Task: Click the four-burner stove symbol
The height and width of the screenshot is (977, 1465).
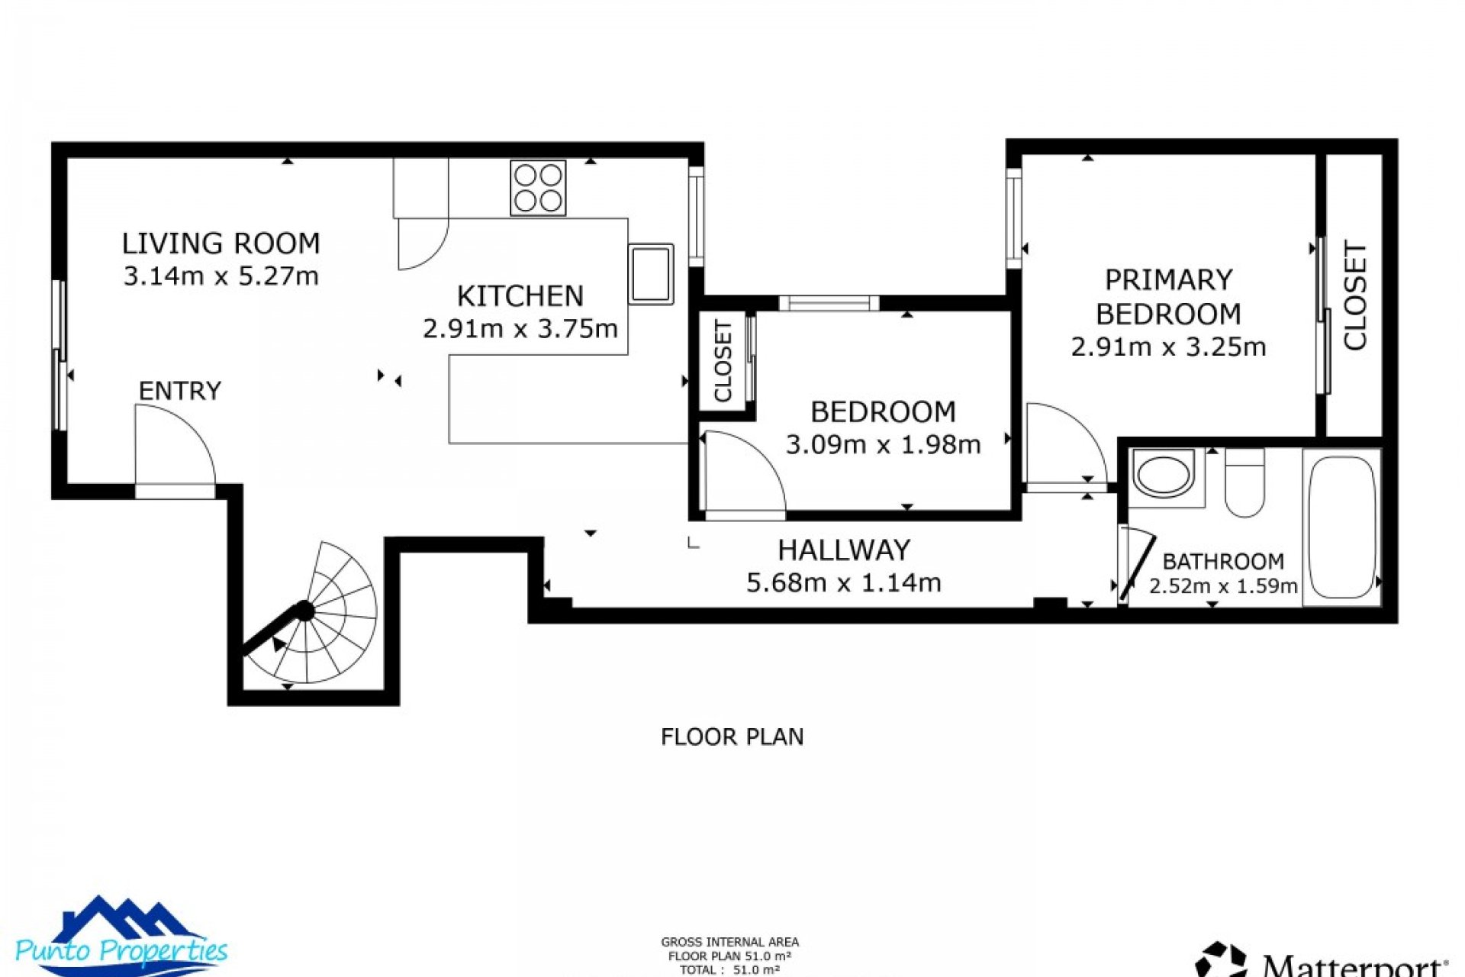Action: (538, 188)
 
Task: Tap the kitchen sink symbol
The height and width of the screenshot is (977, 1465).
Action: (651, 274)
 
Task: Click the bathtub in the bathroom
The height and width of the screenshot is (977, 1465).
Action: (1341, 527)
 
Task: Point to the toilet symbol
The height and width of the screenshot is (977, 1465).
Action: (1244, 484)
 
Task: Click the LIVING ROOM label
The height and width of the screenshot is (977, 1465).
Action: (221, 243)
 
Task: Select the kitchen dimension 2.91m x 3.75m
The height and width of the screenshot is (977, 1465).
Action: (520, 329)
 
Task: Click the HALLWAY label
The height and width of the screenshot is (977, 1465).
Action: (844, 550)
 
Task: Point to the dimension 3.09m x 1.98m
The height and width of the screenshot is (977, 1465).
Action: (883, 444)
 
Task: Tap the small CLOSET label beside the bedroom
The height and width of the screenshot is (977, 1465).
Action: (723, 360)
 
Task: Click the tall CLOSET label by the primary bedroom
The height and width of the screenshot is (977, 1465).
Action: (1354, 296)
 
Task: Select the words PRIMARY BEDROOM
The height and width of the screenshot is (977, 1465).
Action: (1168, 297)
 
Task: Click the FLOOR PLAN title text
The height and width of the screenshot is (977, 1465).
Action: (732, 737)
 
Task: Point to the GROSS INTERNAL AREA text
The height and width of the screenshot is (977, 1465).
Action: (729, 943)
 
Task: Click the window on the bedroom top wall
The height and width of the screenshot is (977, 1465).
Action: (829, 303)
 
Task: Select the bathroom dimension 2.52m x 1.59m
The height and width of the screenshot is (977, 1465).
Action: (1223, 586)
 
